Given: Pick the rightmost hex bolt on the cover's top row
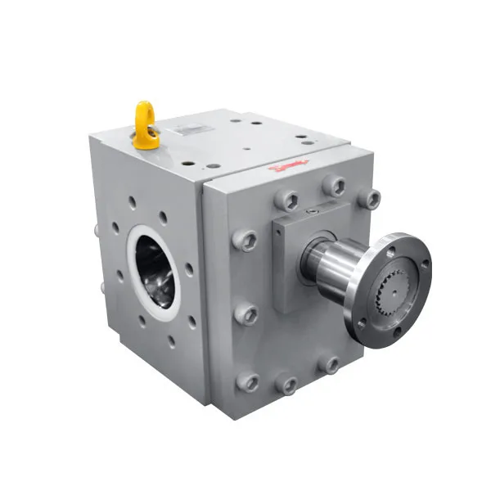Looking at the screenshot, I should click(371, 198).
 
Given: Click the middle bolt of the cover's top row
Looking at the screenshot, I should click(333, 186).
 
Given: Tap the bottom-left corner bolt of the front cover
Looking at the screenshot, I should click(246, 381).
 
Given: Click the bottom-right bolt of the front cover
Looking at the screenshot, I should click(329, 364).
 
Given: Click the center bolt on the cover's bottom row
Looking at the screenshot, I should click(286, 384).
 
